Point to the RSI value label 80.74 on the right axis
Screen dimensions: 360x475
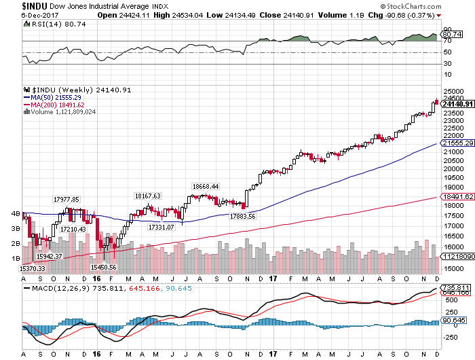[x=451, y=34]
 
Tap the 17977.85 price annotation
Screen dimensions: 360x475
[x=66, y=199]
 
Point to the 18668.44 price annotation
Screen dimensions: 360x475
[x=205, y=186]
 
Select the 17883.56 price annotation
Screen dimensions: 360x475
[x=242, y=216]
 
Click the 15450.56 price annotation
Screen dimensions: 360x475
[x=104, y=268]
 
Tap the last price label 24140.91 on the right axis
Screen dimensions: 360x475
[x=457, y=103]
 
